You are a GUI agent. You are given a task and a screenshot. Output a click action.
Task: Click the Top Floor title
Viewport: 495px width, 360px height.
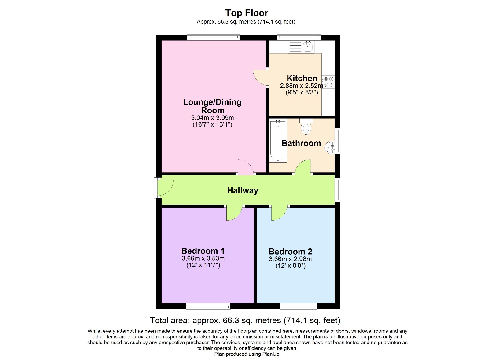point(247,13)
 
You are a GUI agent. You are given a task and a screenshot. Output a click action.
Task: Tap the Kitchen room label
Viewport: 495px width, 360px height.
point(302,78)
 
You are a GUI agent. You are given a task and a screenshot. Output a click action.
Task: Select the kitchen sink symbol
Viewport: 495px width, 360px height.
point(301,47)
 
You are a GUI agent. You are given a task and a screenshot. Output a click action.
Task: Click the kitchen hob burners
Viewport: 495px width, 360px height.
point(328,82)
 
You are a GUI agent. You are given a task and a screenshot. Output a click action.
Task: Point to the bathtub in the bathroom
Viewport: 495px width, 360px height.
point(278,141)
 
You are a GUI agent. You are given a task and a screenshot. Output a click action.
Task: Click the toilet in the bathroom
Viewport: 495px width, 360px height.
point(306,127)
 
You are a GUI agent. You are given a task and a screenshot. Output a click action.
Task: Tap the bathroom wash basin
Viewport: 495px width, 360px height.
point(330,147)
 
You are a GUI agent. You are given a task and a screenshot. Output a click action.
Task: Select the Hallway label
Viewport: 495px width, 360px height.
point(243,190)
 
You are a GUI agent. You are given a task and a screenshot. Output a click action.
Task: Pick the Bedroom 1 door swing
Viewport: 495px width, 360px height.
point(234,213)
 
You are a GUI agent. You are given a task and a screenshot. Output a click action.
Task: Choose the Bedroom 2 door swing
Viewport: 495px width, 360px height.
point(279,213)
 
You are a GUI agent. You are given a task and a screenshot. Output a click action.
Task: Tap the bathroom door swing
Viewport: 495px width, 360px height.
point(303,167)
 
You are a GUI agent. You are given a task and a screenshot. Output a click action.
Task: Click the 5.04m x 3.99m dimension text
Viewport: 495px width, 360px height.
point(212,118)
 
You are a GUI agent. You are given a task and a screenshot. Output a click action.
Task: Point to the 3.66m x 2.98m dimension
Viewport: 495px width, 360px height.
point(290,259)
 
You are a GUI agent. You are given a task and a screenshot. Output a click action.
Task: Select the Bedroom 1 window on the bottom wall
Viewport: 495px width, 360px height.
point(208,306)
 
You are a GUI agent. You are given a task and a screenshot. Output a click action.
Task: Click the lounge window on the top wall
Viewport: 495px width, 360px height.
point(213,38)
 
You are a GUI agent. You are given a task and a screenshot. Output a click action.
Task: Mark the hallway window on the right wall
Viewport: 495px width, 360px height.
point(338,190)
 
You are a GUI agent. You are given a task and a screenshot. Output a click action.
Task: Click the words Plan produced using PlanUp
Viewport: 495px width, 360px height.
point(247,354)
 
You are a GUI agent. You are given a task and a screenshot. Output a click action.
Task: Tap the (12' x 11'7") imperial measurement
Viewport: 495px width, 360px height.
point(203,265)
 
